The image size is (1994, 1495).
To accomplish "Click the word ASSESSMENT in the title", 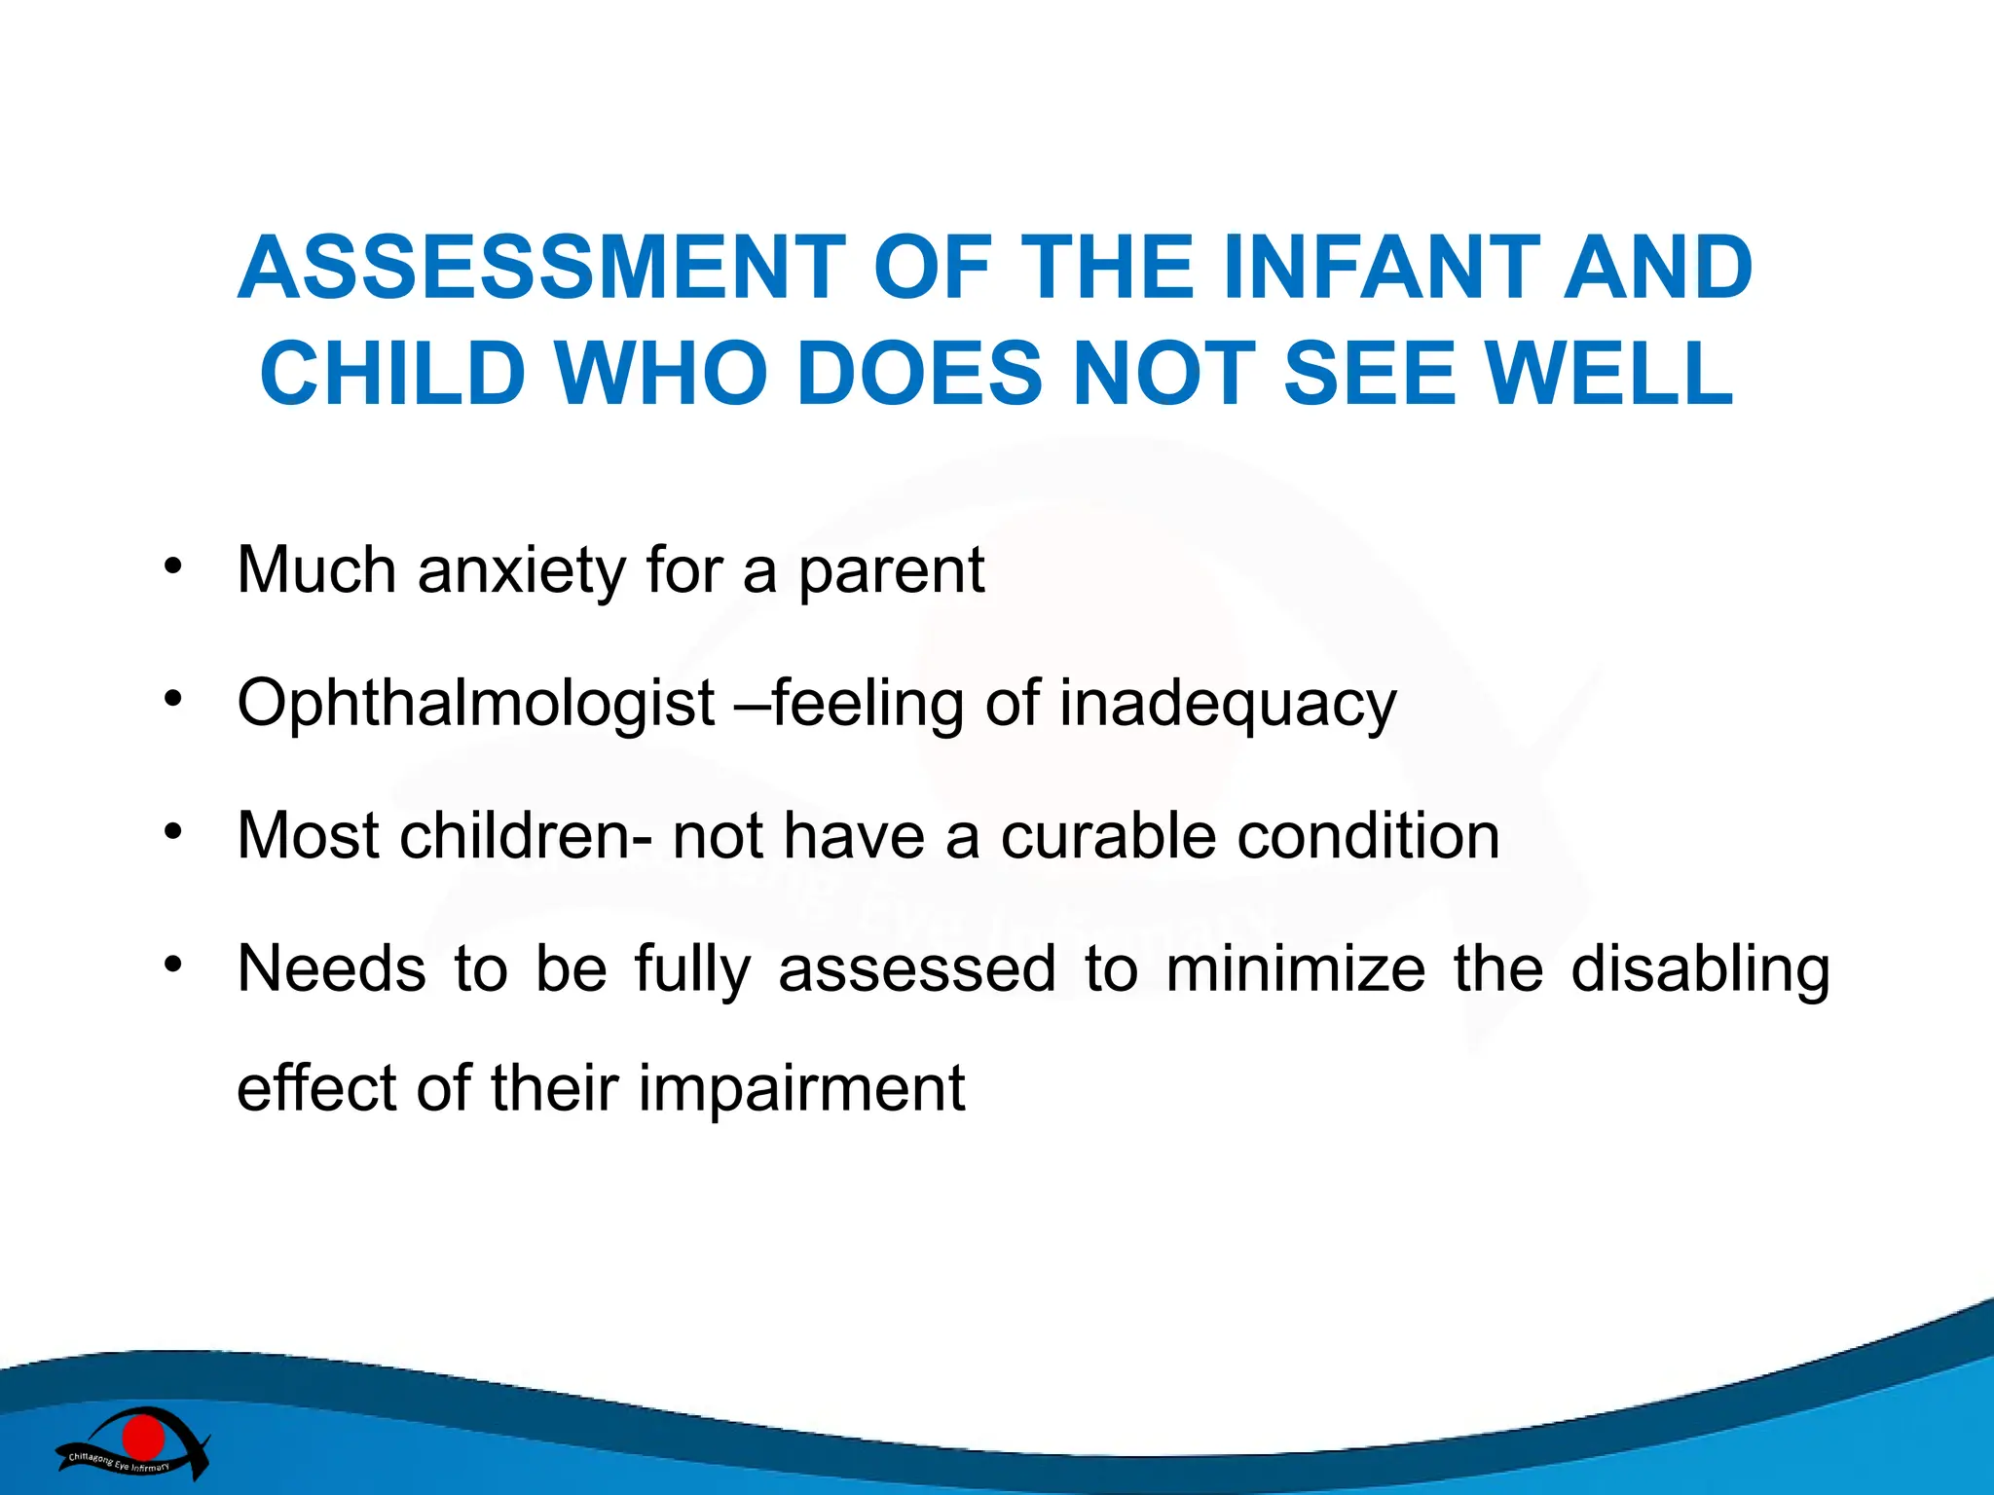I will (x=540, y=269).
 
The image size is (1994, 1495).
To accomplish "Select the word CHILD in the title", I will (x=392, y=374).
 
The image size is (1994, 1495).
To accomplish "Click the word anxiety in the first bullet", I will (x=522, y=572).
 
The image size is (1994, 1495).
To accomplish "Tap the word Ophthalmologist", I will (x=476, y=705).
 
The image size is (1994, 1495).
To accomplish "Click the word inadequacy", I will (x=1228, y=705).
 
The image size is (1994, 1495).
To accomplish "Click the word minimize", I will (x=1295, y=969).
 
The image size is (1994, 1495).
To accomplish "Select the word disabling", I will (x=1700, y=971).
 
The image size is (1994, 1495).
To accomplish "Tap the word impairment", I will (x=801, y=1089).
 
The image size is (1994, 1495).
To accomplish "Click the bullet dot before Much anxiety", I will (x=173, y=566).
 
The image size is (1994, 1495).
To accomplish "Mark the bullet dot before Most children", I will (x=173, y=831).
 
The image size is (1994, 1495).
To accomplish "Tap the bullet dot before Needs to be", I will (x=173, y=965).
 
